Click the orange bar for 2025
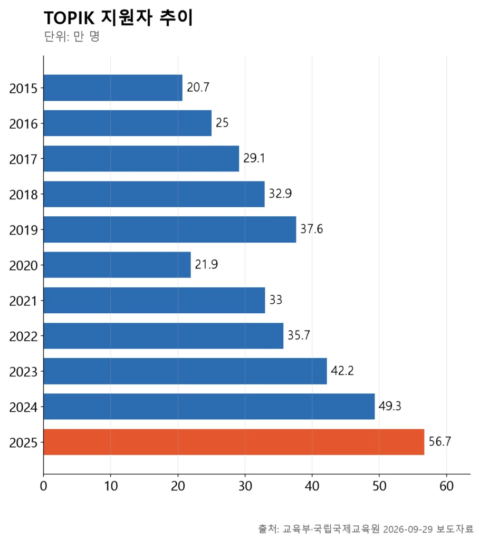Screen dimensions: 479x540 point(234,442)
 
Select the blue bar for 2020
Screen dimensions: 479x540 point(117,265)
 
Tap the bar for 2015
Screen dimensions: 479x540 point(113,88)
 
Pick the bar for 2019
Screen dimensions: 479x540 point(170,229)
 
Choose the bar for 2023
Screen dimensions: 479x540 point(185,371)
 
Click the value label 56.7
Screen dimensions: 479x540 point(440,441)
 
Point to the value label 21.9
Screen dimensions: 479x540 point(206,265)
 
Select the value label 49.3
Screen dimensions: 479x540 point(390,406)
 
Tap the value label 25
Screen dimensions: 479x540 point(222,122)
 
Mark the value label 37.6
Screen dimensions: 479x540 point(312,229)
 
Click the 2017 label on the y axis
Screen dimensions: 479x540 point(23,159)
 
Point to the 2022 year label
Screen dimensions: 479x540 point(23,336)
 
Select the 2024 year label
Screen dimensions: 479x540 point(23,408)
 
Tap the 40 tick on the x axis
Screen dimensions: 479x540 point(312,486)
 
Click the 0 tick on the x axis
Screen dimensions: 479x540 point(43,486)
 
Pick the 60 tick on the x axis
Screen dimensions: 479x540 point(447,486)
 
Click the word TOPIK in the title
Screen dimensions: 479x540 point(69,18)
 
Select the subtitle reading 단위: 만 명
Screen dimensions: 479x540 point(72,36)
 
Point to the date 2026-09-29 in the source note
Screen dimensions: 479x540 point(408,529)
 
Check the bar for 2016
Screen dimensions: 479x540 point(128,123)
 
